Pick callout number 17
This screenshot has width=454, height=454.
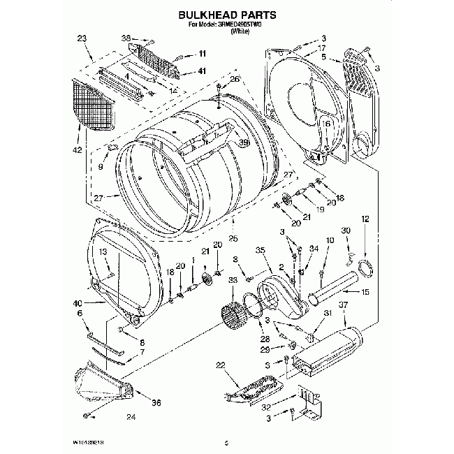click(322, 47)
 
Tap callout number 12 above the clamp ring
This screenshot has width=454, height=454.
click(365, 220)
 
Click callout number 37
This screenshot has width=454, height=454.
click(343, 305)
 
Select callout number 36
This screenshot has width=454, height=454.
click(156, 402)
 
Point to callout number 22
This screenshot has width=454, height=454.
click(221, 365)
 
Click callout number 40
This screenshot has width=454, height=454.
click(77, 302)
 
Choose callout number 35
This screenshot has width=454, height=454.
click(260, 249)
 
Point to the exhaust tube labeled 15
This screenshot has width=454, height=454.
click(339, 288)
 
